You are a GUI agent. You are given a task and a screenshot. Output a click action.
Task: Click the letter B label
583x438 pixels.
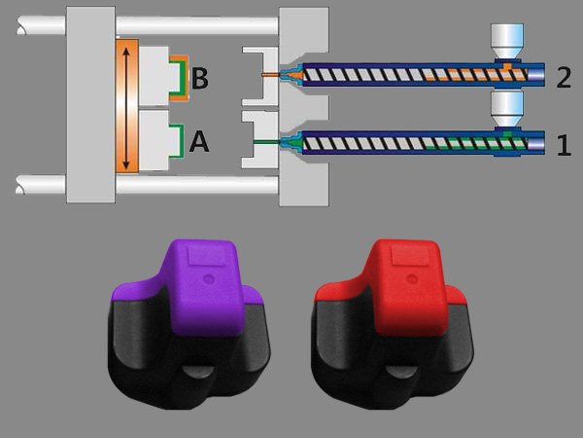[x=200, y=78]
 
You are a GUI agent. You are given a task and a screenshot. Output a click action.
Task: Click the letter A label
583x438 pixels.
[x=199, y=142]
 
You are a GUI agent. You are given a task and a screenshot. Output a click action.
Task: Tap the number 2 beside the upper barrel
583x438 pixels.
[x=564, y=78]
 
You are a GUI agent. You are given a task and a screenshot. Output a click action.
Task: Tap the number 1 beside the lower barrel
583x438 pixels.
[x=564, y=145]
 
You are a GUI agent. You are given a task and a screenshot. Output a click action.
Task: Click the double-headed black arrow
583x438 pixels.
[x=126, y=108]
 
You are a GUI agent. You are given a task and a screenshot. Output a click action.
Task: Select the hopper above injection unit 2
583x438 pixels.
[x=507, y=41]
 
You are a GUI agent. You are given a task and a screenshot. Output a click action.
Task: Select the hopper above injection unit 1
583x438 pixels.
[x=507, y=109]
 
